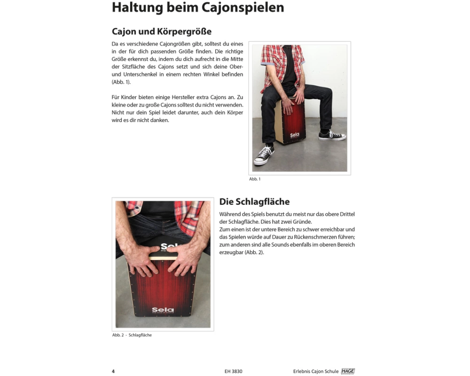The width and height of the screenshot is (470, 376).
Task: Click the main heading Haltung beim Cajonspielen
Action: tap(198, 7)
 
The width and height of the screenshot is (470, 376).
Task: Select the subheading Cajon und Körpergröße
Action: tap(162, 31)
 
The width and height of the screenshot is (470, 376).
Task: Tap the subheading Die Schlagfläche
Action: tap(254, 202)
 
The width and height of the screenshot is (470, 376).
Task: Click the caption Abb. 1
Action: tap(255, 179)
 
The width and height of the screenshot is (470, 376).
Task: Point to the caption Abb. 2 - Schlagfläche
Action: tap(132, 335)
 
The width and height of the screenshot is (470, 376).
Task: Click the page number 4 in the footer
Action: tap(113, 371)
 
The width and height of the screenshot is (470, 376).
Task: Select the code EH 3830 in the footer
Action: tap(233, 371)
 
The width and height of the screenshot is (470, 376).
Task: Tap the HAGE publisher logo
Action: tap(348, 371)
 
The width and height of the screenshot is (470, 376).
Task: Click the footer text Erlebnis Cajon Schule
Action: tap(316, 371)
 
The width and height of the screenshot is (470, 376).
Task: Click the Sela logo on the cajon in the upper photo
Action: tap(295, 135)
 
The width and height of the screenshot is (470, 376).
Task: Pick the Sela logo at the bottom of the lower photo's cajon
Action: tap(163, 310)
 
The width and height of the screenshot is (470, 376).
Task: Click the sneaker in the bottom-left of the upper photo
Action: tap(264, 155)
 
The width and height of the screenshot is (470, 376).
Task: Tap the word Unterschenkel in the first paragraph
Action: tap(140, 74)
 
